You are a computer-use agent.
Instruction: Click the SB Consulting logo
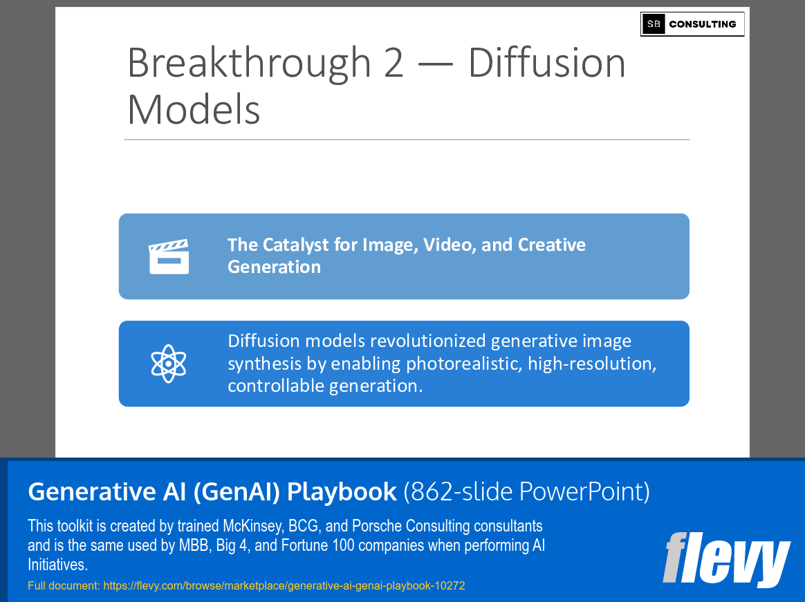tap(692, 24)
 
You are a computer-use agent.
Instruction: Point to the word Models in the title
tap(194, 109)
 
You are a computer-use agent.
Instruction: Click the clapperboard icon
tap(169, 256)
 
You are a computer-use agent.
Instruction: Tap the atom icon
tap(169, 364)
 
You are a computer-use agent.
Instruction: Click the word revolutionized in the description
tap(428, 341)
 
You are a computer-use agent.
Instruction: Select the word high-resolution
tap(591, 364)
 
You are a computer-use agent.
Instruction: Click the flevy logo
tap(726, 558)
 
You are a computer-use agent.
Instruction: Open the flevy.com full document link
tap(284, 586)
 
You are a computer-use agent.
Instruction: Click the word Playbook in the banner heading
tap(342, 491)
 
